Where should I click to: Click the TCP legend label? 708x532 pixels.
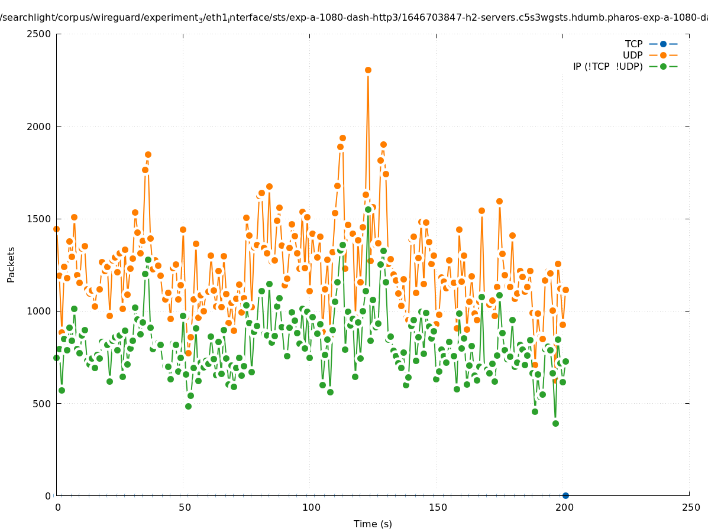tap(633, 44)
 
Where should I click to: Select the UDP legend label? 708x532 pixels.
tap(632, 55)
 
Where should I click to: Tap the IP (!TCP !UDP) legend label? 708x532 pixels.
tap(607, 66)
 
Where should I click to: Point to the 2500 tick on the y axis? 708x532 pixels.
tap(40, 34)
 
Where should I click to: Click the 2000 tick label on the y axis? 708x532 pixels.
tap(40, 126)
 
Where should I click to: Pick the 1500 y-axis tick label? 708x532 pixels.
tap(40, 219)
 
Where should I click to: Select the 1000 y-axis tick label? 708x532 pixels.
tap(40, 311)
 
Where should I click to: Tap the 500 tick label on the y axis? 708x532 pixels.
tap(42, 404)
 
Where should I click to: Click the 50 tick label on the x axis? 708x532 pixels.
tap(185, 507)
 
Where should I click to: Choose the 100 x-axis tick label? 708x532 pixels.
tap(311, 507)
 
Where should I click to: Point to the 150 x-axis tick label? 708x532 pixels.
tap(437, 507)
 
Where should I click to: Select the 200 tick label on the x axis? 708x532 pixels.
tap(564, 507)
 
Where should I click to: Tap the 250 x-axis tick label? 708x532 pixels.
tap(690, 507)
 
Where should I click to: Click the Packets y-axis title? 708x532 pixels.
tap(11, 265)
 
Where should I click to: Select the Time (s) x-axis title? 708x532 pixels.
tap(373, 524)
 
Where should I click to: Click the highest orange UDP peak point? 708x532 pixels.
tap(368, 70)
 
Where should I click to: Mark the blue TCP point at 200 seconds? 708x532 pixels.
tap(565, 495)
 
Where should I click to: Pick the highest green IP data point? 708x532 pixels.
tap(368, 209)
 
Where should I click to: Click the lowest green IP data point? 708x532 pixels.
tap(555, 423)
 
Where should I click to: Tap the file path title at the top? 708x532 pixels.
tap(354, 18)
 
